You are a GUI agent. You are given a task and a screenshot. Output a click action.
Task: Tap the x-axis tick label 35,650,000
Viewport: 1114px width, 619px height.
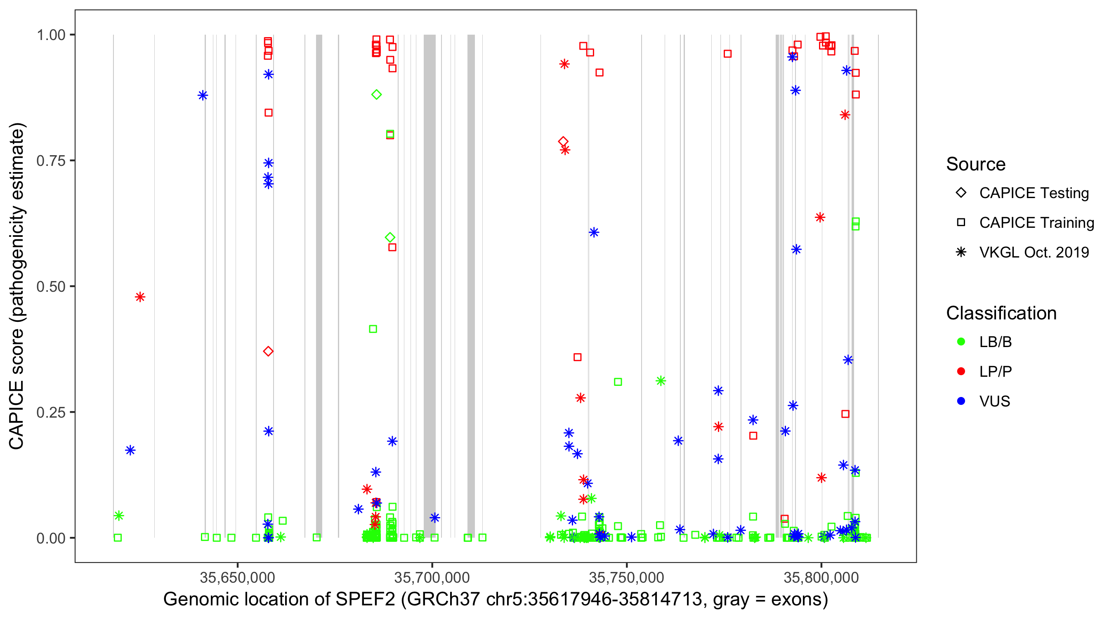237,577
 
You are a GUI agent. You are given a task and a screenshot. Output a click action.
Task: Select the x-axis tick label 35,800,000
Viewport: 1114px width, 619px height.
821,577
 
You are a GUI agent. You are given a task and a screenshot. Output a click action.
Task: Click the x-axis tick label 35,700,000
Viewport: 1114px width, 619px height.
432,577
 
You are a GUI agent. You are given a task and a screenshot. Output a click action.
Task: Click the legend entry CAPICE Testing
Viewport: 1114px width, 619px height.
1034,193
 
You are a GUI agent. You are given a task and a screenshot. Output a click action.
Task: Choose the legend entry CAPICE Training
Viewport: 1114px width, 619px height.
1036,223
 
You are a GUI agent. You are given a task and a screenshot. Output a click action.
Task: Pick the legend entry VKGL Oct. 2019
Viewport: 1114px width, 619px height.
1034,252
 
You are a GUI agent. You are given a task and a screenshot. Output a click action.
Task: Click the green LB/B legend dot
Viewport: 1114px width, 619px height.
961,342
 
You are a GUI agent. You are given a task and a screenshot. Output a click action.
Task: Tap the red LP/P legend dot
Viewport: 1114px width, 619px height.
961,371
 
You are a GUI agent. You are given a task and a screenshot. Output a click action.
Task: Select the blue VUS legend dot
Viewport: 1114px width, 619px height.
961,401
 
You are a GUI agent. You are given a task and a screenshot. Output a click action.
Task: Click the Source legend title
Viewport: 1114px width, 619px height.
976,164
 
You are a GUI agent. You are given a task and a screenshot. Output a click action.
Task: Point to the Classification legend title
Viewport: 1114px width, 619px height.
1001,313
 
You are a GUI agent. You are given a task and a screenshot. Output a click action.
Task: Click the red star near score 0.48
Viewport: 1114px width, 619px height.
140,297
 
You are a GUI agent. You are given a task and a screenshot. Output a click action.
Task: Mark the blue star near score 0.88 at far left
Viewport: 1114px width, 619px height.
203,96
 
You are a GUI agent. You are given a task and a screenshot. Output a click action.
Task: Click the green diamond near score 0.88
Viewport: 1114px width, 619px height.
376,95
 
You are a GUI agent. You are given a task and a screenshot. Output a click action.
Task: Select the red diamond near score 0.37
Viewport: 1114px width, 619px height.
268,351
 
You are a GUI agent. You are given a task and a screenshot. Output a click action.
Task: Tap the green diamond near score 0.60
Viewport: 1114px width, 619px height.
389,237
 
